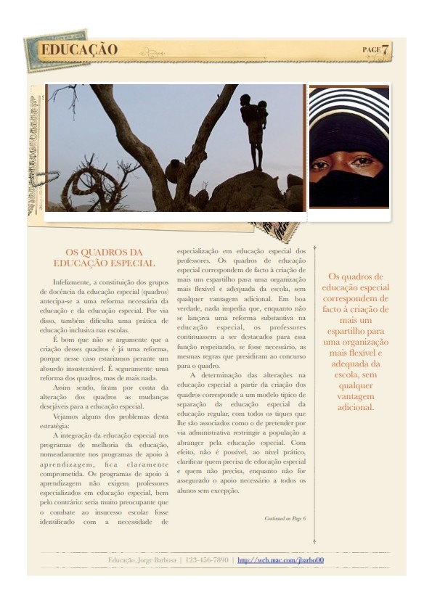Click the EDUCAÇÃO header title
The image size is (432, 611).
79,50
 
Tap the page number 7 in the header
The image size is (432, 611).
386,50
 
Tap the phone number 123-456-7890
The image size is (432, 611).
208,560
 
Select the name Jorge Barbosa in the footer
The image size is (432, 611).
157,560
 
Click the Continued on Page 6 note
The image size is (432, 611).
285,518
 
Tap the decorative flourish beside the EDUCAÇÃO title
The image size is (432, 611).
152,52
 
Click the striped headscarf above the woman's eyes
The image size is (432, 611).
349,109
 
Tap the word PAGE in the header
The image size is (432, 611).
371,49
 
